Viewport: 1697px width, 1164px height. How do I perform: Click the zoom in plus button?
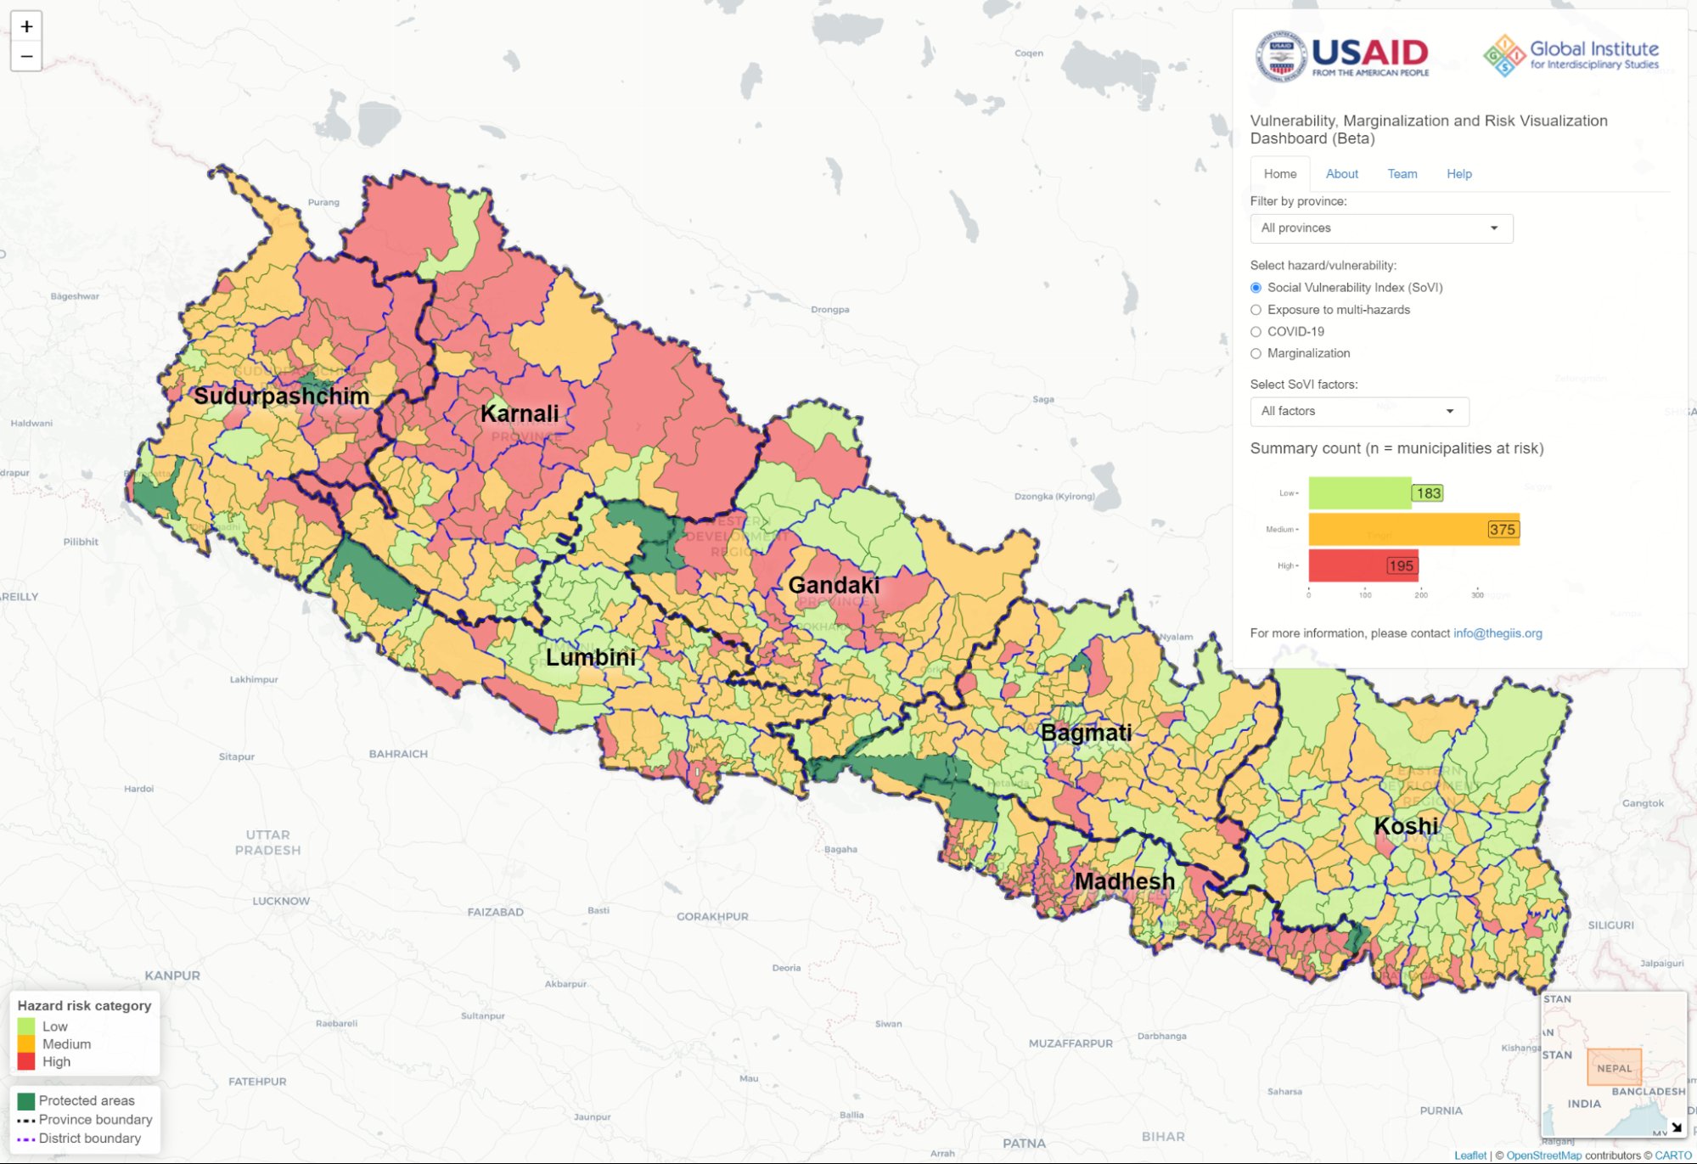click(x=26, y=27)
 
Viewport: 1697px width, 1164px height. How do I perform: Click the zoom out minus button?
click(x=26, y=57)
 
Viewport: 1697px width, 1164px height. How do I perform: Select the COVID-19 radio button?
click(x=1256, y=332)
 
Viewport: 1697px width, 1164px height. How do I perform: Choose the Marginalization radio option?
click(x=1256, y=354)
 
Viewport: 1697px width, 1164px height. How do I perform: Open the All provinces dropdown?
click(x=1380, y=228)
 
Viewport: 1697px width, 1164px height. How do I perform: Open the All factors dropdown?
click(x=1358, y=412)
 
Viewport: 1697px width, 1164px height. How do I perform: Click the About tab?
click(x=1341, y=174)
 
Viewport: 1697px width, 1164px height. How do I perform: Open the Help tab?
click(x=1458, y=174)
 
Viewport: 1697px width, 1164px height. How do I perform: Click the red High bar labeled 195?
click(x=1363, y=565)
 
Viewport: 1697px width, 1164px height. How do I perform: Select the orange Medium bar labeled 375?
click(x=1413, y=530)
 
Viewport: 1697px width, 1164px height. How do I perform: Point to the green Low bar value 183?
click(x=1428, y=493)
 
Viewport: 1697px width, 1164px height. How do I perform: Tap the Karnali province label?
click(x=520, y=414)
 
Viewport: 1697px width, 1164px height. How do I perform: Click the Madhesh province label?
click(x=1124, y=881)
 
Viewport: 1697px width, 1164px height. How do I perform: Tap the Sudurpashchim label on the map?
click(x=281, y=396)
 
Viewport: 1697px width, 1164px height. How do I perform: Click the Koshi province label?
click(x=1406, y=826)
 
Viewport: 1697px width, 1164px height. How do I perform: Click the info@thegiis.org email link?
click(x=1497, y=633)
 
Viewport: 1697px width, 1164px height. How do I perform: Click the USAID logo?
click(x=1343, y=56)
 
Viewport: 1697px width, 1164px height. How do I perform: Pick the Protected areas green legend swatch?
click(x=26, y=1101)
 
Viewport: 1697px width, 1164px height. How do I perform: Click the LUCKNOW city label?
click(x=281, y=901)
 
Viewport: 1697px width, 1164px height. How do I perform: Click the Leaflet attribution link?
click(x=1469, y=1156)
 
